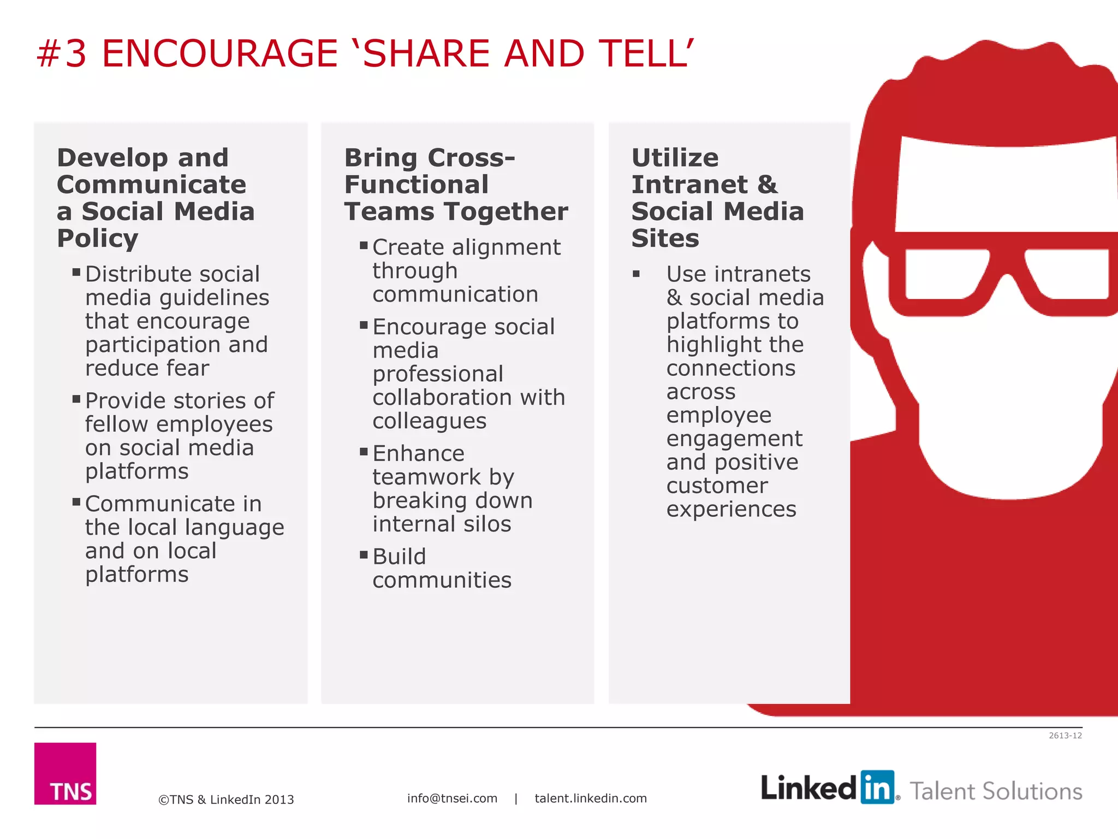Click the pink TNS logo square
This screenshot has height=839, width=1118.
tap(65, 773)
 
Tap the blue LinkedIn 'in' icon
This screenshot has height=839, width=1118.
tap(877, 787)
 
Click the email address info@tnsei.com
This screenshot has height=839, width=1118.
tap(452, 798)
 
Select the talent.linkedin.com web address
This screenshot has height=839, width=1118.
tap(591, 798)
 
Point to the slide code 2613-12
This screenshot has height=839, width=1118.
tap(1065, 736)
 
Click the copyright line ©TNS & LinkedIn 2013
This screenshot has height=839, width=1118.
tap(226, 800)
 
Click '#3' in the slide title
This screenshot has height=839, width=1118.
tap(62, 54)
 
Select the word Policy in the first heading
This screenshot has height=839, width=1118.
tap(98, 238)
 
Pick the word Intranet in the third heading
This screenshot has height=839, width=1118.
tap(689, 185)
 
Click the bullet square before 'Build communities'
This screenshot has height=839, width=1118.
tap(364, 555)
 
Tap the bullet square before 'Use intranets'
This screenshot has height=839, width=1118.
tap(636, 274)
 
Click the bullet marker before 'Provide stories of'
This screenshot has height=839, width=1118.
tap(76, 399)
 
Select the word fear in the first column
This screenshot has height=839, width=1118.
tap(187, 368)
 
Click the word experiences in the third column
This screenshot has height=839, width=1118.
tap(731, 509)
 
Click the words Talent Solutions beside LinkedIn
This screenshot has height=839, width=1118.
tap(996, 791)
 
